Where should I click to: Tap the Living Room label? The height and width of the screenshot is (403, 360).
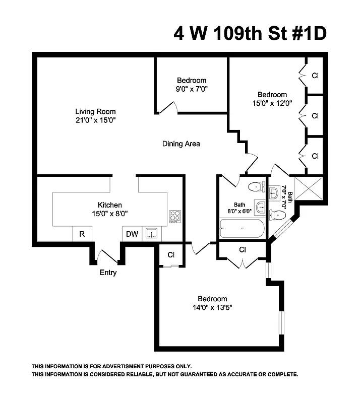95,111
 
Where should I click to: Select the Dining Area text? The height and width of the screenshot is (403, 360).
181,144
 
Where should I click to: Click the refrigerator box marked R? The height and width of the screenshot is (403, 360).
82,234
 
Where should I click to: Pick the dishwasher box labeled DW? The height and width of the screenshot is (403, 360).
132,234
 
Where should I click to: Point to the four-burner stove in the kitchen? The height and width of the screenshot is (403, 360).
175,216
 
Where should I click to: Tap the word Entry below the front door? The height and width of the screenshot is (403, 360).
108,273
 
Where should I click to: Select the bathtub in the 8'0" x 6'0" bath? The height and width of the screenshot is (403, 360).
242,229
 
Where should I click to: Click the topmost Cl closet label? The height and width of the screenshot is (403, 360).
315,76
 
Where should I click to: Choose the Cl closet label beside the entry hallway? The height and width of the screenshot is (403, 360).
171,254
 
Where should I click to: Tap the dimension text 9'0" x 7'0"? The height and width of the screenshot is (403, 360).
192,89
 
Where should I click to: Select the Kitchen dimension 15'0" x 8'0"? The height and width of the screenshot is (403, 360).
109,213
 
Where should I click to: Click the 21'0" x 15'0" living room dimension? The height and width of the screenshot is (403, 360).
95,120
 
